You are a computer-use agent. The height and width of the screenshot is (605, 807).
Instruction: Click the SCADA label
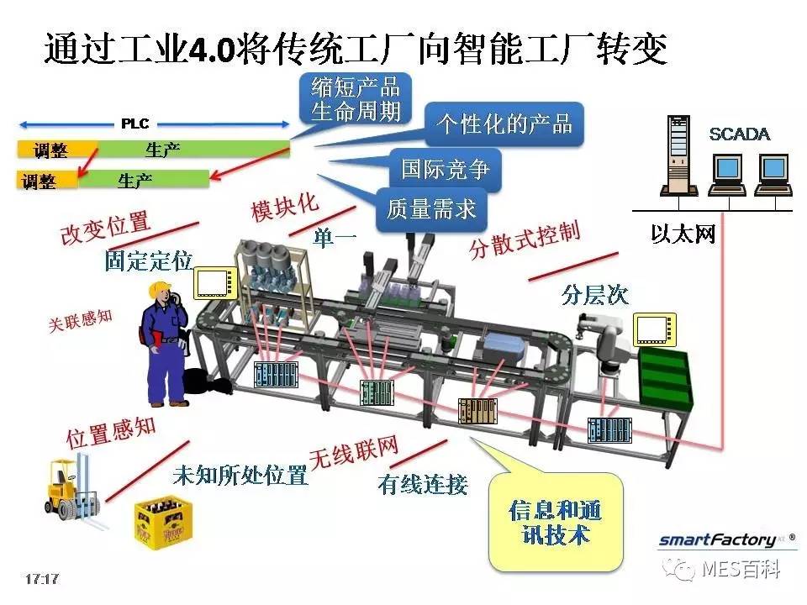[739, 134]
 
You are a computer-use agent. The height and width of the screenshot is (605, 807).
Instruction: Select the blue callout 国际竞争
[445, 169]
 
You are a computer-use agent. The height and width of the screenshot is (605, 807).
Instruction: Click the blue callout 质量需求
[431, 209]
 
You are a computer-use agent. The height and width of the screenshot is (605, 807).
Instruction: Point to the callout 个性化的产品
[504, 124]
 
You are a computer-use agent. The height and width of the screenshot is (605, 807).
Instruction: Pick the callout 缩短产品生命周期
[355, 99]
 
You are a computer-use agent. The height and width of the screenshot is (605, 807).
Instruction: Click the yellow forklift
[72, 491]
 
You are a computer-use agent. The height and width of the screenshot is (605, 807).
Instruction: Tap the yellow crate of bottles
[163, 523]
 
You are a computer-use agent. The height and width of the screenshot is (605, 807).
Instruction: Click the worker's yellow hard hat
[160, 290]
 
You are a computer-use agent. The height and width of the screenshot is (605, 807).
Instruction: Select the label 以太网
[683, 234]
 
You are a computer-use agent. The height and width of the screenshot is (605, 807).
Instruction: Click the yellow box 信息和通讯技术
[556, 523]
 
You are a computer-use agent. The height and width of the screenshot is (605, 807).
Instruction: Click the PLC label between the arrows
[134, 124]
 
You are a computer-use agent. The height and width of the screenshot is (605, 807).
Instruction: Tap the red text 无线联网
[354, 452]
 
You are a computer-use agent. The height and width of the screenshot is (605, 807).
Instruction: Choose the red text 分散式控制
[525, 239]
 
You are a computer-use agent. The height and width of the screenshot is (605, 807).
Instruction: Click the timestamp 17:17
[42, 579]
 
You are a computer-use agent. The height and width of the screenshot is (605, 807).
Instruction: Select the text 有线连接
[423, 485]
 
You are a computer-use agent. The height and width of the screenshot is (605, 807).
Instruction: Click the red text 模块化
[285, 207]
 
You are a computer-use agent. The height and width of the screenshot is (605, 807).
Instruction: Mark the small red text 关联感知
[81, 321]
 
